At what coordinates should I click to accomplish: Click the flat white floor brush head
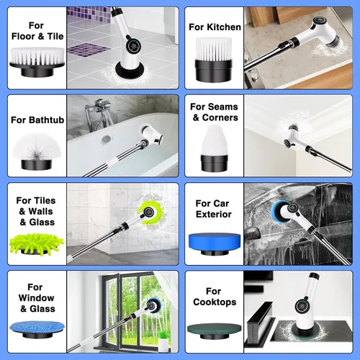(37, 63)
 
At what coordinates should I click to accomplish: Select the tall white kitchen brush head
(214, 60)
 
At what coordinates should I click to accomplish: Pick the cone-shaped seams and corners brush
(215, 148)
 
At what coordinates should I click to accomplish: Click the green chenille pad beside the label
(37, 245)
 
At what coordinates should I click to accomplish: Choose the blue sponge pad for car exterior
(215, 243)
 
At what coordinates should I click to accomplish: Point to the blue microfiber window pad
(37, 329)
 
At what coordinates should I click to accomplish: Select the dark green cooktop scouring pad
(215, 330)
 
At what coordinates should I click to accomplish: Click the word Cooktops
(215, 302)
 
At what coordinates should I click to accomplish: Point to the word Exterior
(214, 215)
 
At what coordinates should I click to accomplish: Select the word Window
(37, 298)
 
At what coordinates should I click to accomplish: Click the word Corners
(220, 117)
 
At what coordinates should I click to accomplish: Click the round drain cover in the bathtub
(107, 139)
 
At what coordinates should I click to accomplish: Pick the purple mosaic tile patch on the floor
(89, 49)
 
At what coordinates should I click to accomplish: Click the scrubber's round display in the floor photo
(132, 45)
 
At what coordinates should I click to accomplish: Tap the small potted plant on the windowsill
(163, 341)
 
